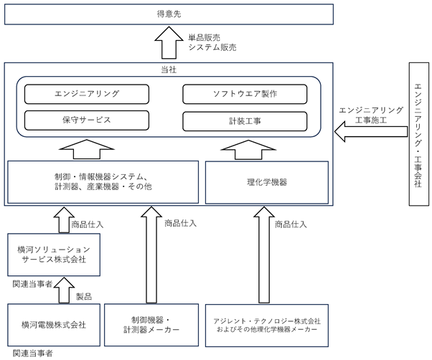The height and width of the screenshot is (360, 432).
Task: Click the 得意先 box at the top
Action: (169, 14)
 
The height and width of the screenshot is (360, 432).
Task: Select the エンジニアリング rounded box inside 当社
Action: (87, 94)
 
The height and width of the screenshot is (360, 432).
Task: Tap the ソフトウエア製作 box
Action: (245, 94)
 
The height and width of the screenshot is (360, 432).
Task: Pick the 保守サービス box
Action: (87, 120)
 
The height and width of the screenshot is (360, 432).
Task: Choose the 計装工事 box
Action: (245, 121)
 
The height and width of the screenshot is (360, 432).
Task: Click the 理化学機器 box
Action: (267, 182)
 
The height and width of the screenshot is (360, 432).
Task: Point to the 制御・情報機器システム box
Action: (103, 182)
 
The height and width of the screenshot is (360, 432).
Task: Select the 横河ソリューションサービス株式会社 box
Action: (54, 255)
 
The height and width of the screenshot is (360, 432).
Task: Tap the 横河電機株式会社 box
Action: (54, 325)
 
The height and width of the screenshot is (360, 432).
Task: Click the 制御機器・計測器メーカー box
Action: (151, 325)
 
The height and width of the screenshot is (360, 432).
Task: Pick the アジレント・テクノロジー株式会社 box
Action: (267, 326)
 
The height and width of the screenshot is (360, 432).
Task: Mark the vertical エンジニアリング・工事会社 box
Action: (419, 134)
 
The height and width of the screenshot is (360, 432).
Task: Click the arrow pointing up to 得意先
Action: (169, 42)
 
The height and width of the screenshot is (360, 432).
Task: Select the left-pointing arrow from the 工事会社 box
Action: (371, 131)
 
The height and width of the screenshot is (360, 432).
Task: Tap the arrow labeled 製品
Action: (64, 290)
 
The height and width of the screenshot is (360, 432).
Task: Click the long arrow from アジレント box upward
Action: (264, 255)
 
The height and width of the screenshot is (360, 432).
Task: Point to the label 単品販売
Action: (204, 37)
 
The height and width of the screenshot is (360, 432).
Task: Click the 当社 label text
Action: (169, 70)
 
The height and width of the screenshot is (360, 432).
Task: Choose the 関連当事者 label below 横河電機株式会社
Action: (32, 353)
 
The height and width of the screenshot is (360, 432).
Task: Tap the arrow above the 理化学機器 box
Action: (248, 150)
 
